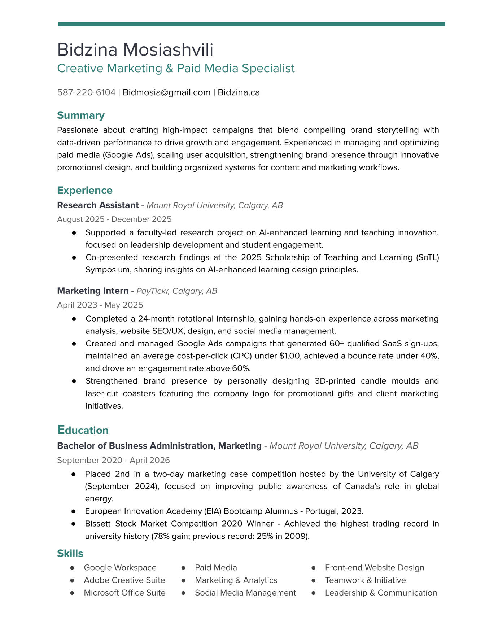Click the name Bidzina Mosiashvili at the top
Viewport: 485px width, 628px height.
135,49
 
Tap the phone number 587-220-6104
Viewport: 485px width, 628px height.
86,92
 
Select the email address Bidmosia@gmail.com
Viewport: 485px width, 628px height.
166,92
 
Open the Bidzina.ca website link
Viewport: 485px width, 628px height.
239,92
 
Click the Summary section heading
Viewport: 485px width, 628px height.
81,115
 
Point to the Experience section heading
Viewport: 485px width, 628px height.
85,190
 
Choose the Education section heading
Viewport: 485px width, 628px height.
83,430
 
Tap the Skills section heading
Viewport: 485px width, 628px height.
70,553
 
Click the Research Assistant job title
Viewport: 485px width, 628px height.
98,205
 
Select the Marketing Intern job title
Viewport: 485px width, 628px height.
93,291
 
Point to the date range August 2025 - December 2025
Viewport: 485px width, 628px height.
114,219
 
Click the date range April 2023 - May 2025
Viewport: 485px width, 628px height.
100,305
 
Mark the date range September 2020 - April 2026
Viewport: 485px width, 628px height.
113,460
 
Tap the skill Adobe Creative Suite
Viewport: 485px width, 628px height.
124,580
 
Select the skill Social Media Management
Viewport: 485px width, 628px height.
245,593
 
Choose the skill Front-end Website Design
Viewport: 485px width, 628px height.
375,567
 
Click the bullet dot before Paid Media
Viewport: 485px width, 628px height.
183,568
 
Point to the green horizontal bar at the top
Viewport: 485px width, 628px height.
252,24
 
